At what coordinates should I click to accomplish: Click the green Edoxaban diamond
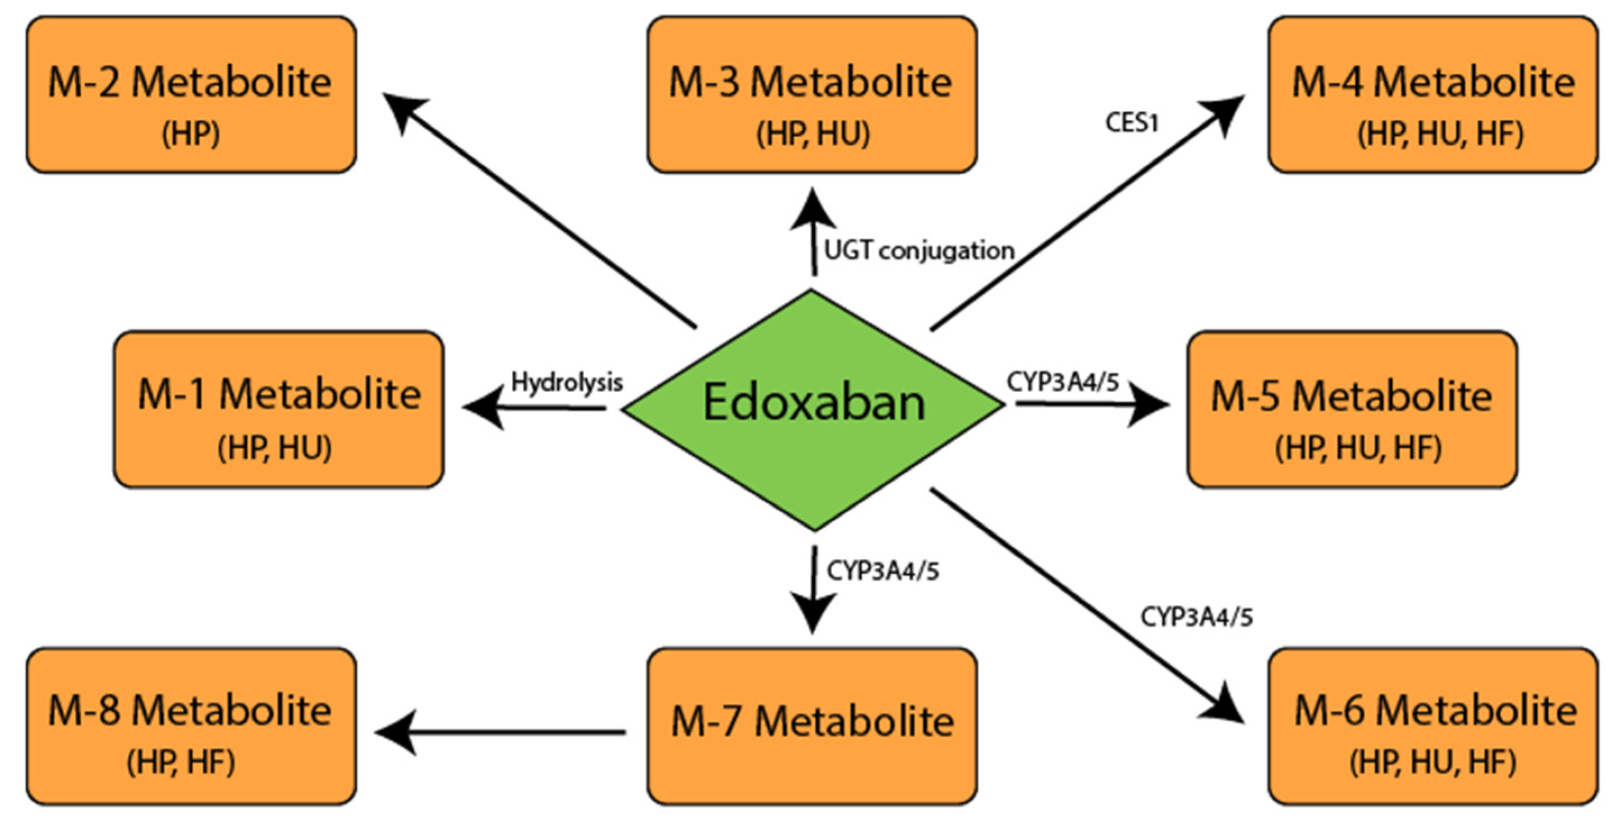[814, 410]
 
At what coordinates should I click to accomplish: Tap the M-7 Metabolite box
[812, 726]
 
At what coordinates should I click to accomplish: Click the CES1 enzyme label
[1131, 123]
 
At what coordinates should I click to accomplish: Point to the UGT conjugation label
[918, 251]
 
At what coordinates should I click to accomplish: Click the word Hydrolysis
[567, 381]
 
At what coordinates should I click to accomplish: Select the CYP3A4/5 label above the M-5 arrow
[1063, 381]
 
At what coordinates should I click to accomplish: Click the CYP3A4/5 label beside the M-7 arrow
[883, 570]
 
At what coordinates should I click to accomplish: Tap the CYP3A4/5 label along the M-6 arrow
[1196, 617]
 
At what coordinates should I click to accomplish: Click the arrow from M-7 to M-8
[500, 731]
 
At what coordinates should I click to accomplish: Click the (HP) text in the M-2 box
[191, 134]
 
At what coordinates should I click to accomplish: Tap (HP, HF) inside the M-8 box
[181, 762]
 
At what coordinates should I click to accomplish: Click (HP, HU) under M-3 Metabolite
[812, 134]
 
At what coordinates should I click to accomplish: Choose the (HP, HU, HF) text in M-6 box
[1432, 762]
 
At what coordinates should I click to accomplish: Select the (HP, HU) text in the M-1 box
[274, 448]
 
